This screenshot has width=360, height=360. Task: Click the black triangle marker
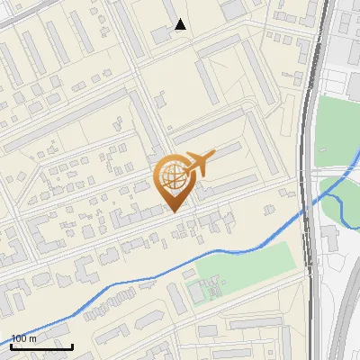181,25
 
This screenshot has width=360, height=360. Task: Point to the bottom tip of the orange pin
174,211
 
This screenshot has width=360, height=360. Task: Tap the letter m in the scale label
34,338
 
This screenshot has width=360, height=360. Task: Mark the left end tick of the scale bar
11,346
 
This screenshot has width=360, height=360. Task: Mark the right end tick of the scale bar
72,346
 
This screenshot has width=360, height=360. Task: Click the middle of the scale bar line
41,347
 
